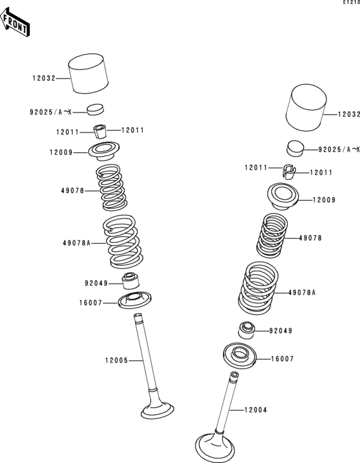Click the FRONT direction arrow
(x=14, y=23)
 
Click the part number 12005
(x=116, y=361)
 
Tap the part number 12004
(x=256, y=410)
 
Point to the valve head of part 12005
(x=157, y=409)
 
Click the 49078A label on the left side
(x=76, y=243)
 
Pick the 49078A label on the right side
(x=302, y=293)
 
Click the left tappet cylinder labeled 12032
(x=88, y=73)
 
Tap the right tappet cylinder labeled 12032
(x=306, y=107)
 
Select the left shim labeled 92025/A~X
(x=96, y=109)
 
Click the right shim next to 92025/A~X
(x=295, y=149)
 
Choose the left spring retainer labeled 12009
(x=104, y=151)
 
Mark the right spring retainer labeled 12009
(x=283, y=196)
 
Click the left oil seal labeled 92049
(x=130, y=281)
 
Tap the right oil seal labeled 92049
(x=246, y=331)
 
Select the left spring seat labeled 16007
(x=135, y=300)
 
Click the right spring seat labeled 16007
(x=240, y=356)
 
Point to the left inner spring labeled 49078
(x=112, y=188)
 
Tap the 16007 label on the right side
(x=282, y=359)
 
